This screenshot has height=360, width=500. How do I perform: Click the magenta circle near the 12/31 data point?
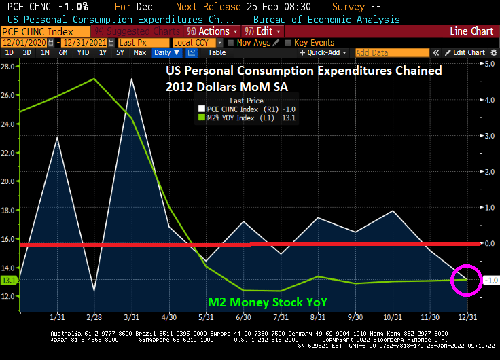tap(466, 279)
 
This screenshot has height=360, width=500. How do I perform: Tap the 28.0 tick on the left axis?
tap(9, 66)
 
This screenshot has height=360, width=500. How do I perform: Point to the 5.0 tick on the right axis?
tap(488, 63)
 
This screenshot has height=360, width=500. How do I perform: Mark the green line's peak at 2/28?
tap(94, 79)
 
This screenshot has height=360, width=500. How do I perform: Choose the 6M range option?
tap(62, 53)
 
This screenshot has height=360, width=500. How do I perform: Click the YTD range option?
tap(83, 53)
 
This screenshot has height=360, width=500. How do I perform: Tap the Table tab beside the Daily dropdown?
tap(217, 53)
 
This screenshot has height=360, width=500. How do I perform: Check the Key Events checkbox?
tap(289, 43)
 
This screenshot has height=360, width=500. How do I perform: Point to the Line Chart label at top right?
tap(471, 31)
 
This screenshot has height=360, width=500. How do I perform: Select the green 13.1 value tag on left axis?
tap(9, 280)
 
